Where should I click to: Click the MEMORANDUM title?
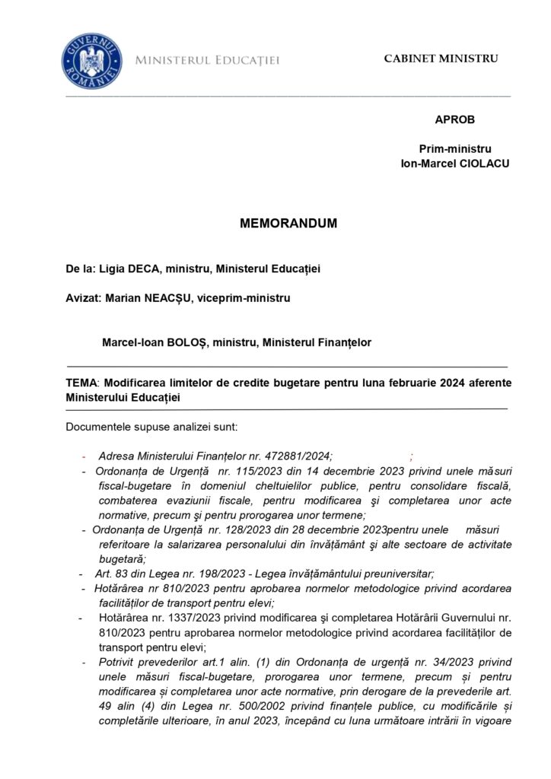pyautogui.click(x=288, y=225)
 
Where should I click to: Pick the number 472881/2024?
pyautogui.click(x=299, y=456)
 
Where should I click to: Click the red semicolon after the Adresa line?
pyautogui.click(x=411, y=456)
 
